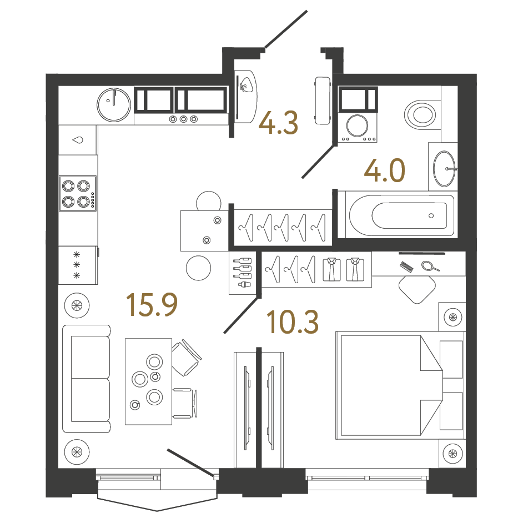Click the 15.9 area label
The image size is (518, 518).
[151, 305]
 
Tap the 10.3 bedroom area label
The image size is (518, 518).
[292, 322]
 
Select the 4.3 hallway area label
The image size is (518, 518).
[280, 123]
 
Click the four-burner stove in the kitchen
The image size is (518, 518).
[77, 193]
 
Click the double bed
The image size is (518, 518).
[389, 385]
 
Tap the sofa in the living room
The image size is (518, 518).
[86, 378]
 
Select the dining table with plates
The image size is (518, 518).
[148, 381]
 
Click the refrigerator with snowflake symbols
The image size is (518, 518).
[78, 265]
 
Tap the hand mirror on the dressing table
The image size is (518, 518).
[429, 266]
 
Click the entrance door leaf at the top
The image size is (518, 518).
[286, 29]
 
